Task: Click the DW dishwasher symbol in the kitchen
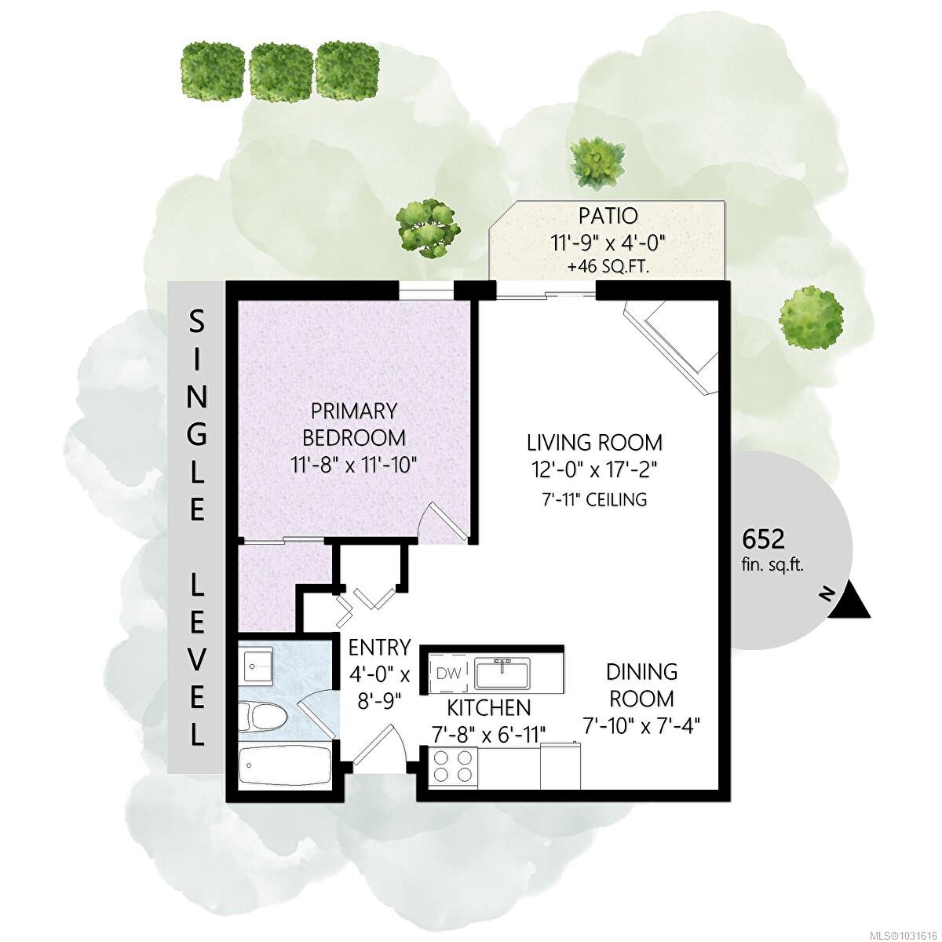point(448,673)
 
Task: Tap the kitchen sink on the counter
point(501,673)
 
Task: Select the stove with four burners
point(454,766)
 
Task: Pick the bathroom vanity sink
point(256,666)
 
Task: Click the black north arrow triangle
point(849,603)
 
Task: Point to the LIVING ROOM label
point(594,442)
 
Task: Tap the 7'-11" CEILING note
point(594,499)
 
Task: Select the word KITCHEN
point(489,708)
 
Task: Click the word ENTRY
point(379,648)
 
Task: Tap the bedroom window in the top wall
point(426,292)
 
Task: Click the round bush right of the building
point(811,317)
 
